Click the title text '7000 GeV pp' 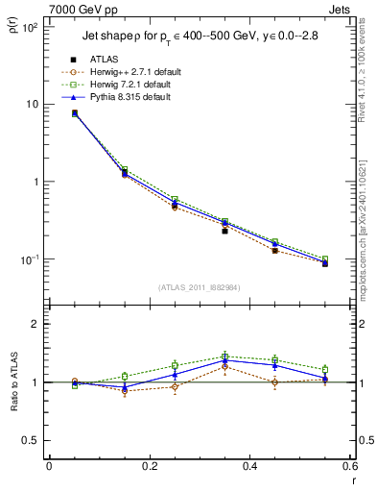(x=79, y=9)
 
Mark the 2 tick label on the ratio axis (x=34, y=325)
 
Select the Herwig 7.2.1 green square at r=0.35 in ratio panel (x=224, y=357)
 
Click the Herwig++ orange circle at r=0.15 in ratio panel (x=124, y=391)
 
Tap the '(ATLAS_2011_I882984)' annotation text (x=199, y=287)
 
